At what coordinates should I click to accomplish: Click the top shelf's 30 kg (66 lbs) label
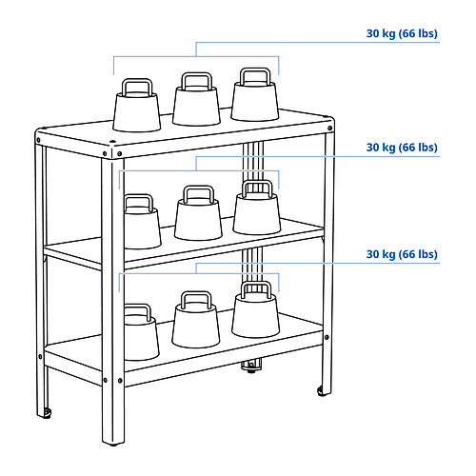402,33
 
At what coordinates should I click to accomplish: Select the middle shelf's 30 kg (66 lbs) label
402,148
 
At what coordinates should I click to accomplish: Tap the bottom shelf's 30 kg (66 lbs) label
402,254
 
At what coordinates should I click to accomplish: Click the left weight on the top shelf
137,107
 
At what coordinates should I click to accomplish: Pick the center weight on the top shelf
196,100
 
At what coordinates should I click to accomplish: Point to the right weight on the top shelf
255,95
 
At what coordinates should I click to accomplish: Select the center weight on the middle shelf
198,213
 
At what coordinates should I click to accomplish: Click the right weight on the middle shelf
257,208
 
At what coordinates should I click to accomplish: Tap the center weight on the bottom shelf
196,320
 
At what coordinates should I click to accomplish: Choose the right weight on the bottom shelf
256,309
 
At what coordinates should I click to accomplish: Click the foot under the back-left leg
47,414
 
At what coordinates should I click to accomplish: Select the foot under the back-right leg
322,392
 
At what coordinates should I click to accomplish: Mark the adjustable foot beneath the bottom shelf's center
251,366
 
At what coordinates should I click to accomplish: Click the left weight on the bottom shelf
142,332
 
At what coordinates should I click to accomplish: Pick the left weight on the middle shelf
143,222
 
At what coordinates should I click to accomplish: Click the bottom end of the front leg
113,443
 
